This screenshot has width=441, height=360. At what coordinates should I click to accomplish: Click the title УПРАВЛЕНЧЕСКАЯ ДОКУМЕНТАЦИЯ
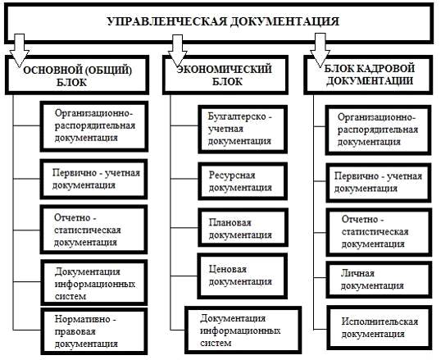click(223, 21)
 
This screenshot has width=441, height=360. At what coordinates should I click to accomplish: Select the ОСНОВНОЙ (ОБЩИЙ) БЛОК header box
click(77, 75)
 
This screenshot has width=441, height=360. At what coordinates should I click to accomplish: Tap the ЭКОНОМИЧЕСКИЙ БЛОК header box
click(225, 75)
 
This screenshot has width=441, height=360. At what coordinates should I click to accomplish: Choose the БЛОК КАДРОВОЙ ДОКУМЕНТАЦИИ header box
click(368, 75)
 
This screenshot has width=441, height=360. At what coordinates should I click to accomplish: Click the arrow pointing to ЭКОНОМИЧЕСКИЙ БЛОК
click(178, 51)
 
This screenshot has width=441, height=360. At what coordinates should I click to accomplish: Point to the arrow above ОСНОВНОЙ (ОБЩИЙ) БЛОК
click(19, 51)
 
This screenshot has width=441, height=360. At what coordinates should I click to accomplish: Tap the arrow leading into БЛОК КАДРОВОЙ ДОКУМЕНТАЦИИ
click(320, 50)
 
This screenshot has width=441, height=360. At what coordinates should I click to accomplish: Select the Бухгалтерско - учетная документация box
click(243, 130)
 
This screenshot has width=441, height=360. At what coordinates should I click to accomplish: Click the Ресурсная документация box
click(243, 181)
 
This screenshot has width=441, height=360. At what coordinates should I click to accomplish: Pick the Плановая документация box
click(243, 228)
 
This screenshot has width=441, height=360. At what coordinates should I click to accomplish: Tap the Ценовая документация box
click(242, 276)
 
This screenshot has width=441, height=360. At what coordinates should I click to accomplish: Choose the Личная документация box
click(379, 280)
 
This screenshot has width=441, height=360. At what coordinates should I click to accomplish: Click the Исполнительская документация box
click(380, 328)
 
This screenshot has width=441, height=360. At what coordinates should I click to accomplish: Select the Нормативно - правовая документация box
click(94, 331)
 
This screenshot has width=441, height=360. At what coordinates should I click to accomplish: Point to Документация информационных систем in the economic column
click(243, 330)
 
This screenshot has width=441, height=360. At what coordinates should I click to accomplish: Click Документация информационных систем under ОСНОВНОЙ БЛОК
click(94, 283)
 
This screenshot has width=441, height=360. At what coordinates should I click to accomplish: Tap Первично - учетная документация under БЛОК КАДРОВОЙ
click(379, 182)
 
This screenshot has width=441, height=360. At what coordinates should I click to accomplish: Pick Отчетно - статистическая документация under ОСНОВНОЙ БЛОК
click(94, 230)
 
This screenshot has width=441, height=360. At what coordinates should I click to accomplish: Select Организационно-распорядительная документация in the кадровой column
click(378, 130)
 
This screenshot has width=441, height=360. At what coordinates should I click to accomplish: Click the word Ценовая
click(228, 269)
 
